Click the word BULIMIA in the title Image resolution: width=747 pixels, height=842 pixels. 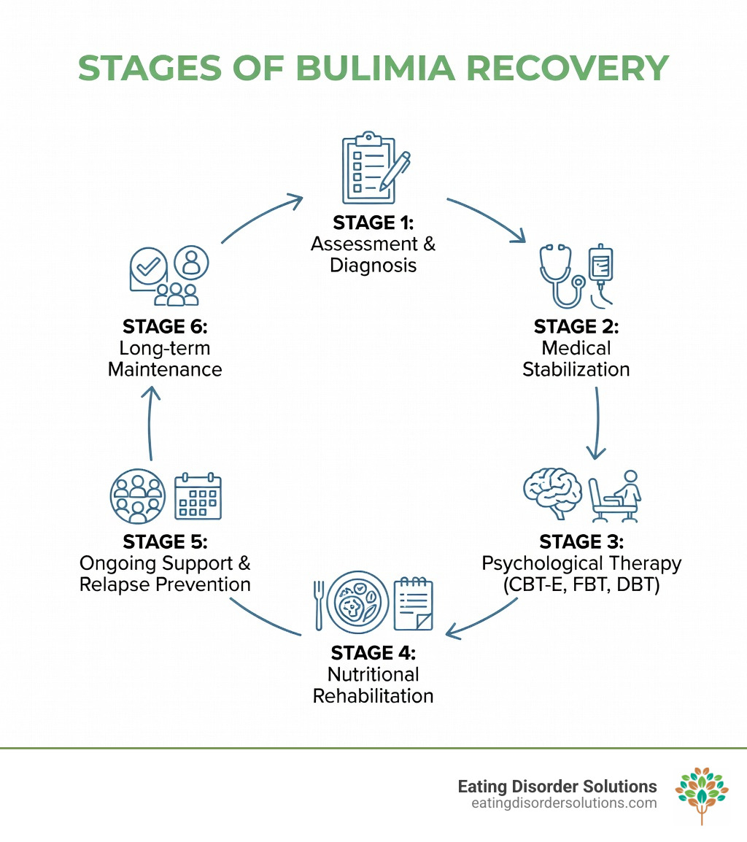tap(373, 68)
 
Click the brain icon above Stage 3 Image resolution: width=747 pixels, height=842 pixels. tap(553, 493)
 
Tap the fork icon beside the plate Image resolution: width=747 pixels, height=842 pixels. tap(319, 603)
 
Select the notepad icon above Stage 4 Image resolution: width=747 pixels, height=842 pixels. tap(413, 603)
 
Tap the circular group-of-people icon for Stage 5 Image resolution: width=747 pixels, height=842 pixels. tap(136, 495)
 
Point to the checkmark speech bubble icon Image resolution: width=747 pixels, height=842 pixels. tap(149, 268)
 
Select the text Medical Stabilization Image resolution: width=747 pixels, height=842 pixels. tap(576, 358)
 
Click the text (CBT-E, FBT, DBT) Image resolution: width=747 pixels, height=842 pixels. tap(581, 585)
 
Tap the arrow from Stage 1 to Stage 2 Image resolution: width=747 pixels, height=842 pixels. tap(487, 218)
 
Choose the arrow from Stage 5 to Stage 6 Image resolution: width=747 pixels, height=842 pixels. tap(151, 423)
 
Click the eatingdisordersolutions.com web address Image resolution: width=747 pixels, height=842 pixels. tap(564, 803)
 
